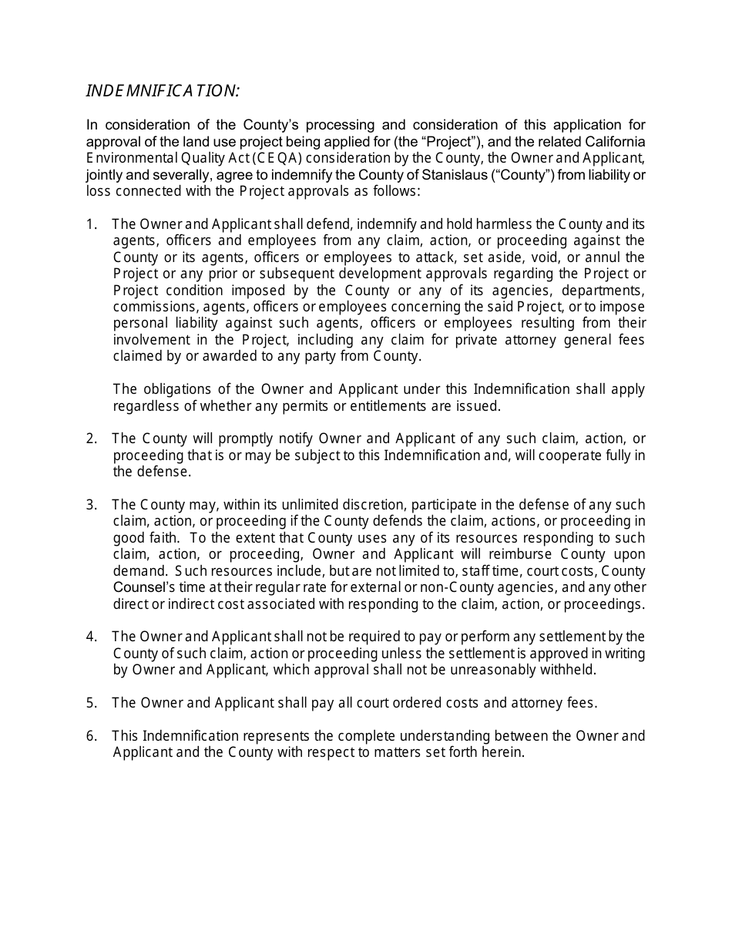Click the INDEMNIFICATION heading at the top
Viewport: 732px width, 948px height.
click(163, 91)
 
